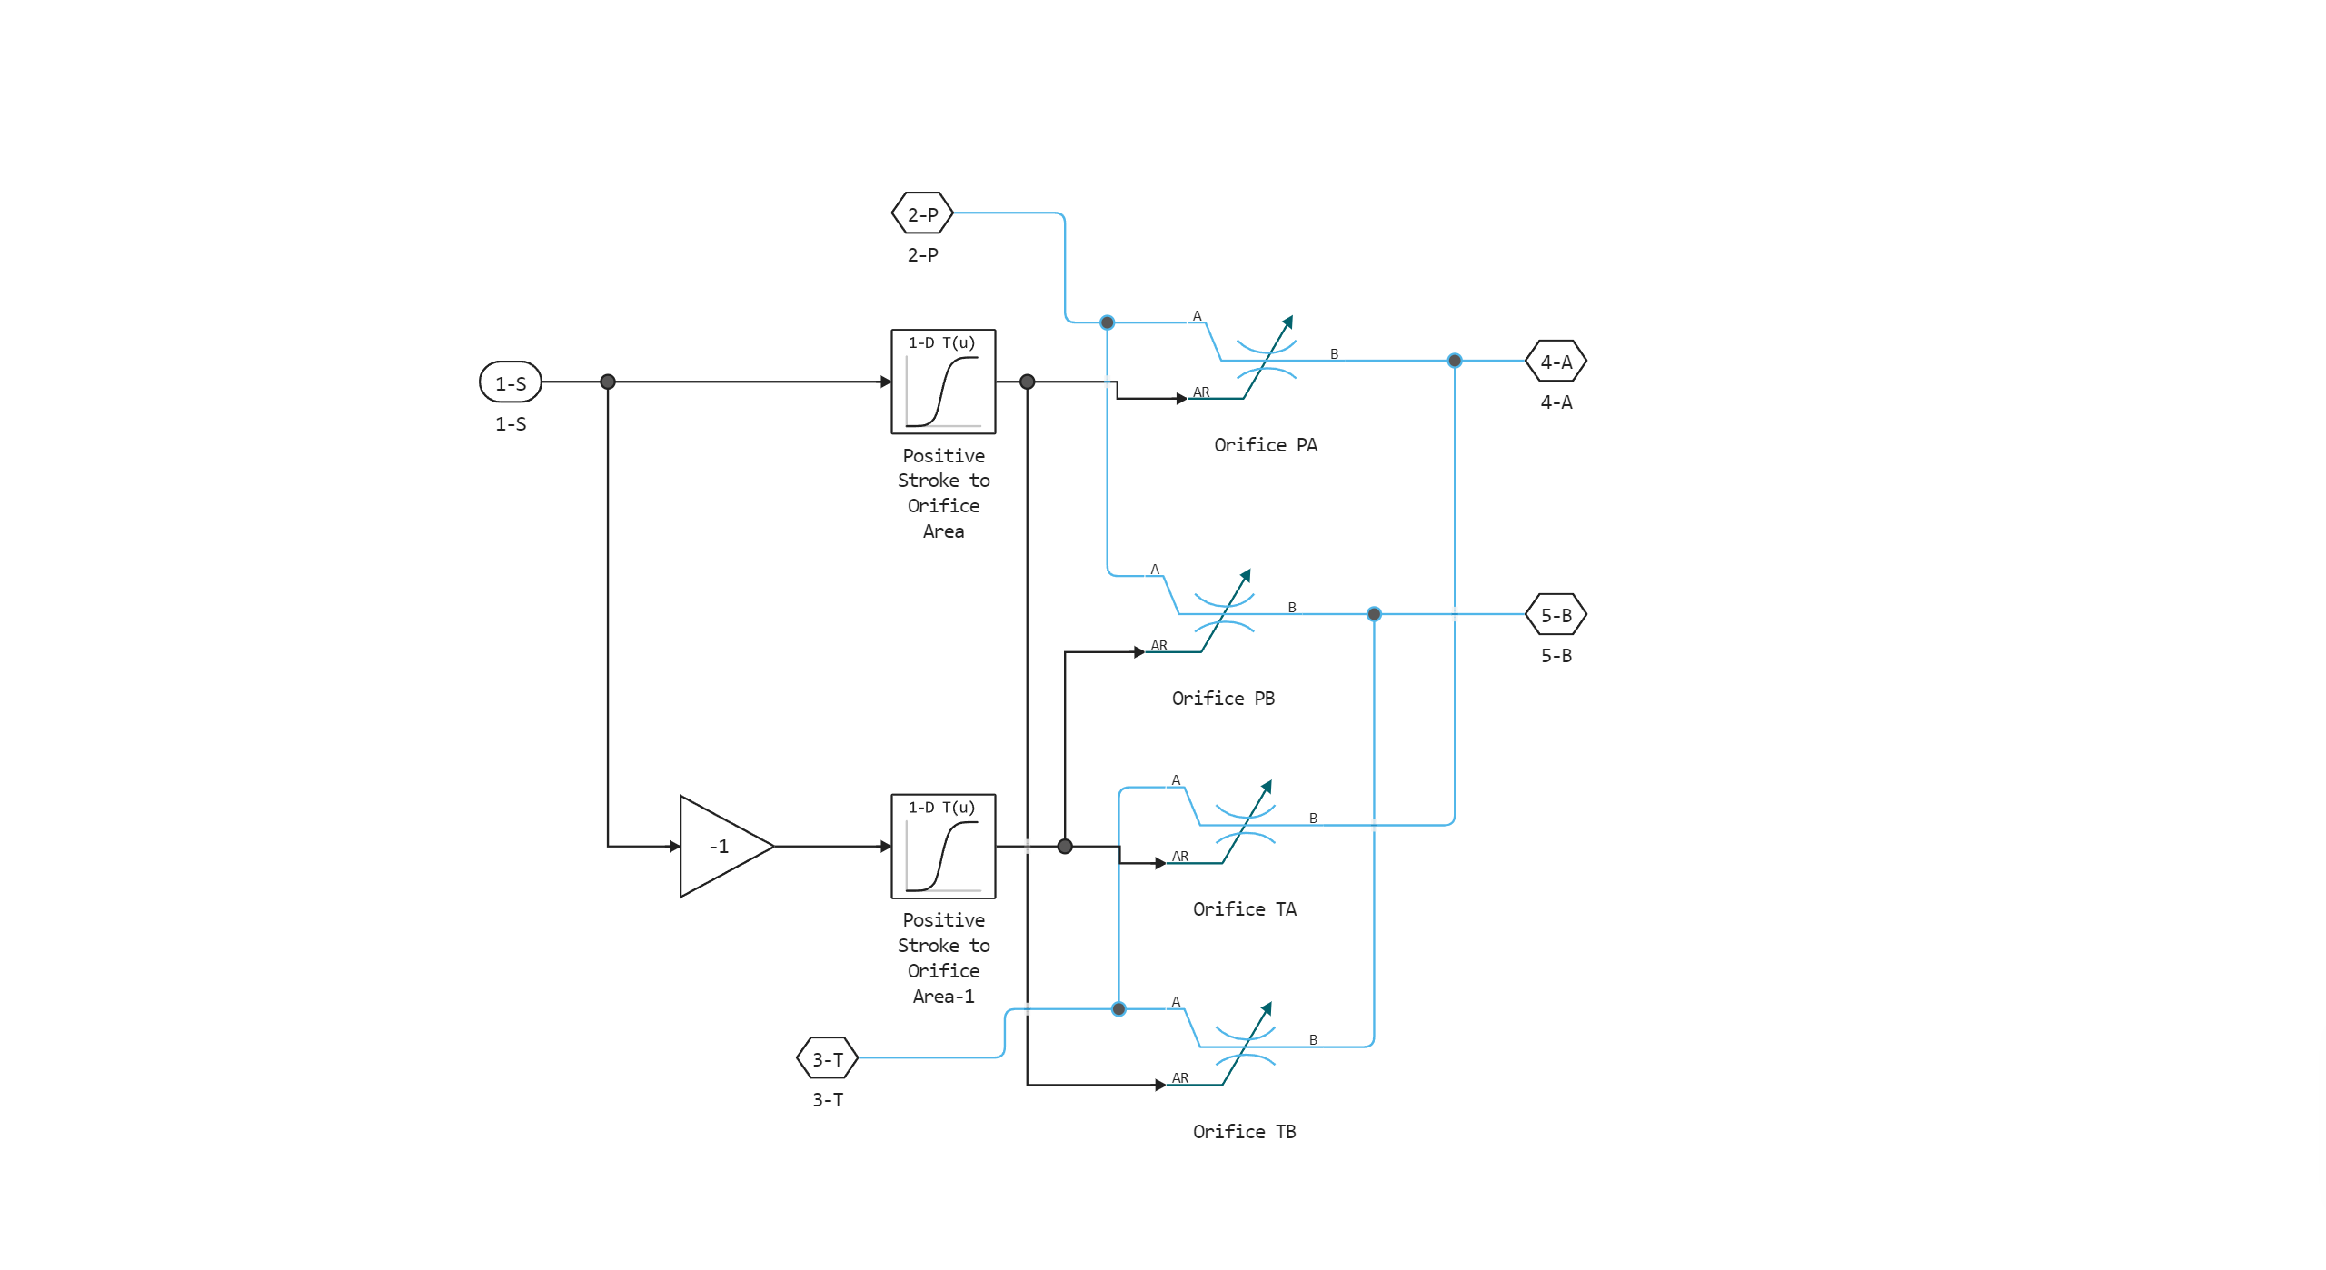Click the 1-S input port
[510, 382]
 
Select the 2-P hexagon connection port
[922, 214]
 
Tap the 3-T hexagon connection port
[827, 1058]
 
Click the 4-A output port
[1556, 362]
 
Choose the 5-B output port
[1556, 615]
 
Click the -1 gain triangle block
[721, 846]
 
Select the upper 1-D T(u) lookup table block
[943, 382]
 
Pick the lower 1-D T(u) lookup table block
[943, 846]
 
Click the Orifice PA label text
[1265, 445]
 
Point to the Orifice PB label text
[1223, 699]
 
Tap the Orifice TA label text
[1244, 909]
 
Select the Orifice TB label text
[1244, 1132]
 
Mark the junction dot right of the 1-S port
[608, 382]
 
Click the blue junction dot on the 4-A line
[1455, 361]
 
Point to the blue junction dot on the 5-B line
[1374, 614]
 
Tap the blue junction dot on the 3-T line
[1118, 1008]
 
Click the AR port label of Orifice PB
[1158, 646]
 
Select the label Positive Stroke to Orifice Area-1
[943, 958]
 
